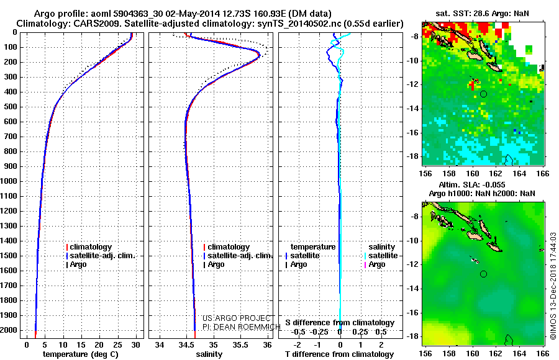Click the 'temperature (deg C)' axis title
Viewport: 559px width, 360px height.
81,354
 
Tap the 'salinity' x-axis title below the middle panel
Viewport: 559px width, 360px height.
209,354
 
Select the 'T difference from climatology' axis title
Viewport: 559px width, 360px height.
339,354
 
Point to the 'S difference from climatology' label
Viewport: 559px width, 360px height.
340,323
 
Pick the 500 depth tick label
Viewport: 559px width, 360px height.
11,107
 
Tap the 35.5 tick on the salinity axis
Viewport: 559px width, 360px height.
240,344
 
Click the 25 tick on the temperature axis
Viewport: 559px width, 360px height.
117,344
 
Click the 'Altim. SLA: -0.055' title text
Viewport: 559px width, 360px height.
471,184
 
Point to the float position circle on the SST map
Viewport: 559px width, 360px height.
483,94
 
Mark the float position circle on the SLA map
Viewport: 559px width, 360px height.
483,274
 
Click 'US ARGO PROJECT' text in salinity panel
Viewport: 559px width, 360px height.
237,318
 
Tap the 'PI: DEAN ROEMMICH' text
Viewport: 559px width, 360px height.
242,327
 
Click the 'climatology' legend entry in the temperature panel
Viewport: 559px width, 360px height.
89,247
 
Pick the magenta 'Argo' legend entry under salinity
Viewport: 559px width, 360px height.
375,264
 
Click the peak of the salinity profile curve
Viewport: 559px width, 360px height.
259,55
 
